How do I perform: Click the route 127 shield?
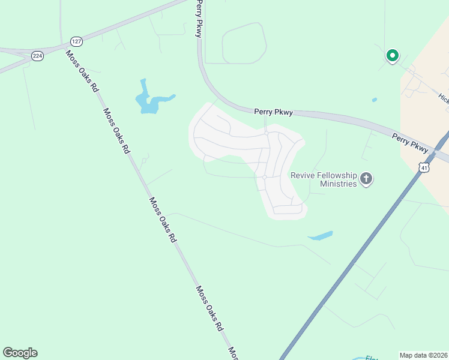click(76, 41)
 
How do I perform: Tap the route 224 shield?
click(38, 56)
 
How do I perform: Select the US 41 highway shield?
click(424, 167)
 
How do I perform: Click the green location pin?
click(392, 56)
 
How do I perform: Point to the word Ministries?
click(338, 184)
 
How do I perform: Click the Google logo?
click(20, 353)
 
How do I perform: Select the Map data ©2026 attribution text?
click(423, 355)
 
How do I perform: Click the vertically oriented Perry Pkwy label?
click(197, 19)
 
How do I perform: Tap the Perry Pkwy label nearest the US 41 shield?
click(411, 143)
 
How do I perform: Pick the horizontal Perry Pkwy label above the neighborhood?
click(273, 112)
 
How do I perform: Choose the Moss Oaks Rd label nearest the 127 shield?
click(82, 71)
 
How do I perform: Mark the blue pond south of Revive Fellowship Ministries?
click(321, 236)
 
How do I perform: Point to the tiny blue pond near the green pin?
click(375, 100)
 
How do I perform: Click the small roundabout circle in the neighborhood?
click(264, 177)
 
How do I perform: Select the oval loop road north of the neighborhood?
click(244, 43)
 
